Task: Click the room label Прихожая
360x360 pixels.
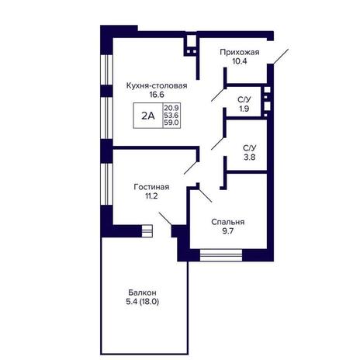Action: (x=240, y=52)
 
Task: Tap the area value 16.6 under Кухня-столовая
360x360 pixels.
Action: (x=157, y=95)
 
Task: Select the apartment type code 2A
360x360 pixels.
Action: (x=148, y=116)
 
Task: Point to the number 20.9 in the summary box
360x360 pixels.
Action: (x=171, y=107)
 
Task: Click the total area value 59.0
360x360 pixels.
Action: (x=171, y=123)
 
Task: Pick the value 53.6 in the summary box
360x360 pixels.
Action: (x=171, y=115)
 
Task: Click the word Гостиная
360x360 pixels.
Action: (x=151, y=187)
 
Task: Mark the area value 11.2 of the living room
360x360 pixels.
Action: (x=151, y=196)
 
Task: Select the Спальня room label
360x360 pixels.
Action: (x=228, y=222)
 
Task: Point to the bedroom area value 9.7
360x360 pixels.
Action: (x=228, y=231)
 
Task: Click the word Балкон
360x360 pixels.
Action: (x=142, y=292)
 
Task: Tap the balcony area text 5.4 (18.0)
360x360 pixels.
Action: (x=142, y=302)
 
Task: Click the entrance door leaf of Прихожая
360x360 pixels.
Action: (x=281, y=56)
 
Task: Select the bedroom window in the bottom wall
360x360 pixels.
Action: (x=221, y=255)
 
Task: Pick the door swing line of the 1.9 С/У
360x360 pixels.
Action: (x=218, y=95)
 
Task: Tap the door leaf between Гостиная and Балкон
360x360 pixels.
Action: (x=165, y=219)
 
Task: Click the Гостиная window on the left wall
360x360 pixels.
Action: (x=106, y=184)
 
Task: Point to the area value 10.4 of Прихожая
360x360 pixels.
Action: (x=240, y=61)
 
